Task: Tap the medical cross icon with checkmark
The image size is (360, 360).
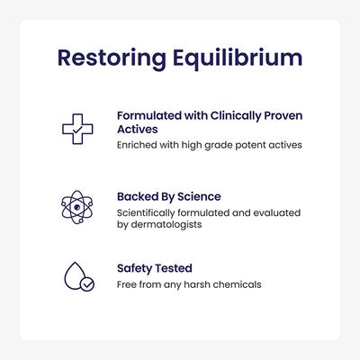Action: (x=77, y=129)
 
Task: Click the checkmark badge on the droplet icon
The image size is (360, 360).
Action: (x=86, y=283)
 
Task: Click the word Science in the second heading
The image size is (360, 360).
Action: (x=200, y=195)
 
